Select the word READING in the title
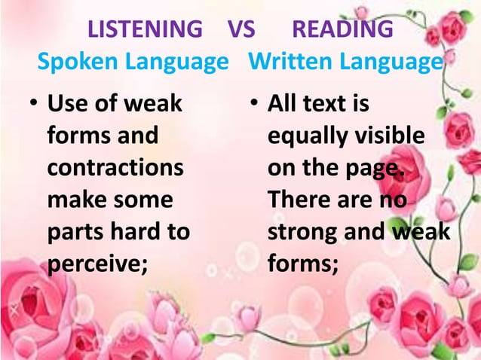pyautogui.click(x=342, y=30)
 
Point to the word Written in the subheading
pyautogui.click(x=284, y=63)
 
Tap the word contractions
pyautogui.click(x=115, y=168)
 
